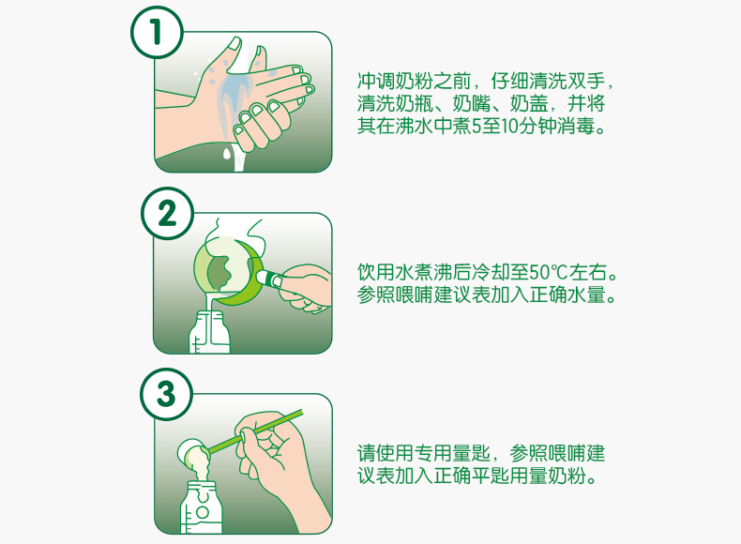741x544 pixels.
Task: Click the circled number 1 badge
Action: pyautogui.click(x=157, y=33)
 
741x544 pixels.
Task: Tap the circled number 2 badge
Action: pyautogui.click(x=167, y=214)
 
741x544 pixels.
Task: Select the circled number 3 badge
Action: pyautogui.click(x=166, y=394)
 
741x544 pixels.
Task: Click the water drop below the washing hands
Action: pyautogui.click(x=227, y=153)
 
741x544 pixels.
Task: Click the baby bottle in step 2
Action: pyautogui.click(x=209, y=332)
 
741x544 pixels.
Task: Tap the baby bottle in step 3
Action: pyautogui.click(x=202, y=507)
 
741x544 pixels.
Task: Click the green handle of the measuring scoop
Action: pyautogui.click(x=255, y=431)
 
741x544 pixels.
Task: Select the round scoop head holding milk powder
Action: pyautogui.click(x=193, y=453)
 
